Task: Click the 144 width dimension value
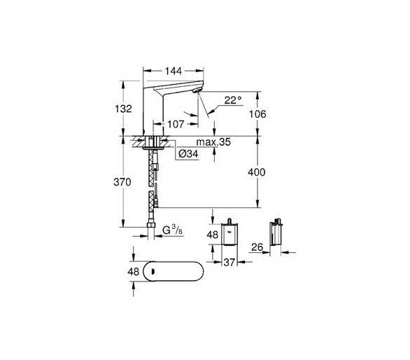point(174,71)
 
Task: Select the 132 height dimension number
point(123,109)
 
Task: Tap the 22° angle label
point(233,100)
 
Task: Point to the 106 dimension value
point(257,114)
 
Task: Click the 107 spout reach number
point(176,124)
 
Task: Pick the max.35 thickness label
point(213,142)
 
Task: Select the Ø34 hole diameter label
point(188,154)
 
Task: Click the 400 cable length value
point(257,172)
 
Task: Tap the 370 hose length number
point(122,182)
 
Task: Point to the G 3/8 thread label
point(173,230)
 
